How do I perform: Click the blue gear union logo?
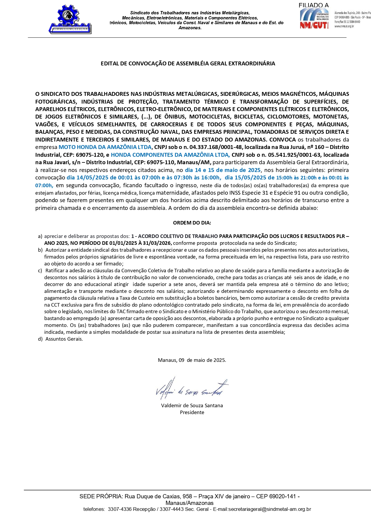[70, 19]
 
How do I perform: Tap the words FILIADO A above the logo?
[313, 5]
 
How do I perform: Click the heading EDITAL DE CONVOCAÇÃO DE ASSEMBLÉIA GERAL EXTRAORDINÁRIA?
[188, 64]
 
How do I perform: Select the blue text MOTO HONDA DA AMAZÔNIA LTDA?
[105, 147]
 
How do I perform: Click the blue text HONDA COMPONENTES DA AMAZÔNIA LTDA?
[170, 155]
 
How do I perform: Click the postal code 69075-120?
[88, 155]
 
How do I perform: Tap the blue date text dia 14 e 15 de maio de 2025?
[223, 170]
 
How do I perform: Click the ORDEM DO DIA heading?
[192, 223]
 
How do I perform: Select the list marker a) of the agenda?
[40, 236]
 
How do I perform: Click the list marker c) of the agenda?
[40, 271]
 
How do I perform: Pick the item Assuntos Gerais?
[64, 339]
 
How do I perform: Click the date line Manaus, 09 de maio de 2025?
[192, 360]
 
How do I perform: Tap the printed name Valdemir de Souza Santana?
[192, 405]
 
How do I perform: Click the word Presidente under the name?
[192, 413]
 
